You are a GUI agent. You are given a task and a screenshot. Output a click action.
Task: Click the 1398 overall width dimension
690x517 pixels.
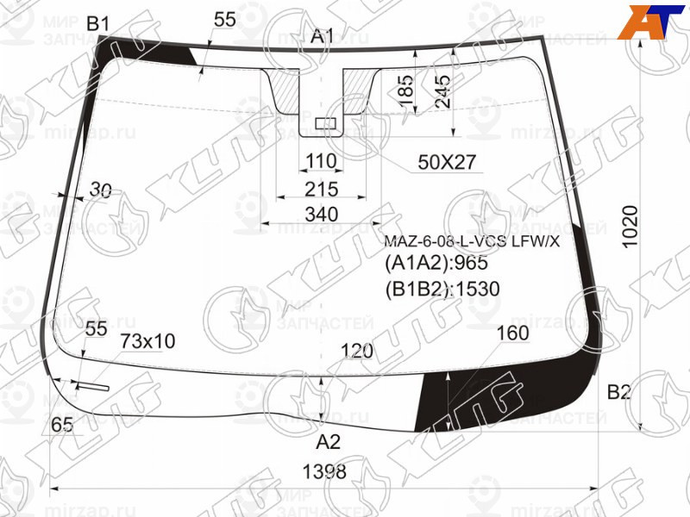click(x=325, y=472)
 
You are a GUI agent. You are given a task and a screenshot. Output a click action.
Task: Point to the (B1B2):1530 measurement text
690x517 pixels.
click(x=442, y=289)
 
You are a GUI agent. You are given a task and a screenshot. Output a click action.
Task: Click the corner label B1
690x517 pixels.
click(x=97, y=23)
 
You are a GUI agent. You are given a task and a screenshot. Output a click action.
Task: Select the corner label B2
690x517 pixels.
click(x=619, y=393)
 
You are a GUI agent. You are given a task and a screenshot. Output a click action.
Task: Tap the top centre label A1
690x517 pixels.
click(x=323, y=36)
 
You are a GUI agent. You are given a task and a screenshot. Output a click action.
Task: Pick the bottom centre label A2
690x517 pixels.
click(x=328, y=443)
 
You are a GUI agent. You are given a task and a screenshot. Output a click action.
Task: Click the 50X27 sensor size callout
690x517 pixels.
click(x=447, y=162)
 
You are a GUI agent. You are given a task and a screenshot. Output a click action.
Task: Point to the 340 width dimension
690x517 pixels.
click(x=321, y=214)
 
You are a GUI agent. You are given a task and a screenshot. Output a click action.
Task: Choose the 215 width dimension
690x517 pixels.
click(x=321, y=189)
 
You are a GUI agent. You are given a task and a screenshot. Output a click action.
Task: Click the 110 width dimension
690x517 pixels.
click(x=320, y=163)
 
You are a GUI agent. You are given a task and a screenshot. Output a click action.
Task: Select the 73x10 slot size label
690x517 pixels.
click(x=147, y=342)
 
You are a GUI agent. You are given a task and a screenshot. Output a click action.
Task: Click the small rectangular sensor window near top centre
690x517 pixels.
click(x=325, y=124)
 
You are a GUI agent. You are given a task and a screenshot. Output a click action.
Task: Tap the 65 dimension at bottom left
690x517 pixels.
click(x=61, y=424)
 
